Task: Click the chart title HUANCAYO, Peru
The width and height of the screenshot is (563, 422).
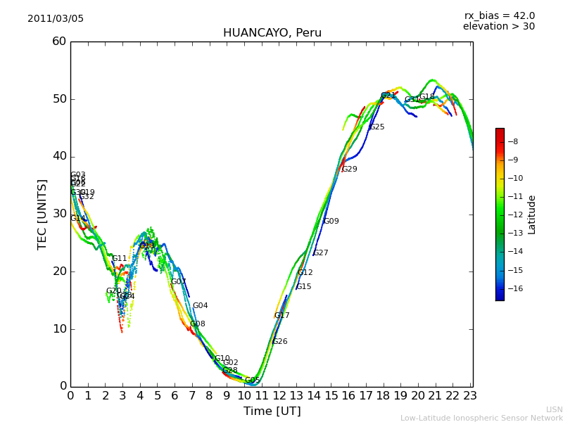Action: (272, 33)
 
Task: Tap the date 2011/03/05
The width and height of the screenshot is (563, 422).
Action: (56, 19)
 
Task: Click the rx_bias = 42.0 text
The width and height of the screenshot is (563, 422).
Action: (499, 16)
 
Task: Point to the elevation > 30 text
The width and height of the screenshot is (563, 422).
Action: (498, 27)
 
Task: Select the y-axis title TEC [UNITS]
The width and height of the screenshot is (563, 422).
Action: (42, 214)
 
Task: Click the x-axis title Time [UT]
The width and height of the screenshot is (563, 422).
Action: (272, 411)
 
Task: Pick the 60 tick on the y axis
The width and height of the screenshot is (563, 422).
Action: (59, 41)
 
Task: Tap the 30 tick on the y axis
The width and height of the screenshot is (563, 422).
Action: (59, 214)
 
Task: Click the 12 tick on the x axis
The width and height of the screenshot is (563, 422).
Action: (279, 396)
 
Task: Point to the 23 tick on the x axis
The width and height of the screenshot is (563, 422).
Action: (470, 396)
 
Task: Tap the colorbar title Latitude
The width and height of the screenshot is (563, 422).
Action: (532, 215)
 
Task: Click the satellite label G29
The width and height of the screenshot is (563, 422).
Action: (350, 170)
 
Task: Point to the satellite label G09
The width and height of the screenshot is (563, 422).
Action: (331, 222)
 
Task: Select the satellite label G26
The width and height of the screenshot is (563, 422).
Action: (280, 342)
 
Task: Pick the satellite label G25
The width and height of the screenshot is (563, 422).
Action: (377, 127)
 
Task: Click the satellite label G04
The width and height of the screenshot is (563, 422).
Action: (201, 306)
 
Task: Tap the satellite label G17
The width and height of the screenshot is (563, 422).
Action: (282, 316)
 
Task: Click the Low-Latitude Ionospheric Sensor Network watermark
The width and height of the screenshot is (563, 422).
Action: (481, 418)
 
